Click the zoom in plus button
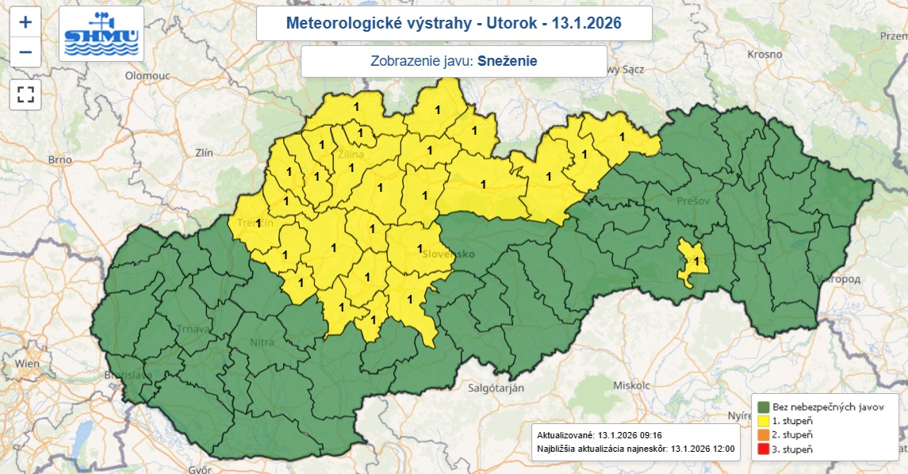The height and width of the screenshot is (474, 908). [25, 22]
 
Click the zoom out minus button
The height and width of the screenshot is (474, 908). [25, 52]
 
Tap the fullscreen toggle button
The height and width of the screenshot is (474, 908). [25, 95]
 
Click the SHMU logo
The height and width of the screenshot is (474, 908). [102, 34]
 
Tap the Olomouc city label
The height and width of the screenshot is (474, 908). [149, 75]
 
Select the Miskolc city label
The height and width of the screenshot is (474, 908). [631, 384]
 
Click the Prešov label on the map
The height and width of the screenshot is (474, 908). [693, 201]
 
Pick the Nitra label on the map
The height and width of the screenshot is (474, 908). [262, 342]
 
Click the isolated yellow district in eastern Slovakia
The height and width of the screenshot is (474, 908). [692, 265]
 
